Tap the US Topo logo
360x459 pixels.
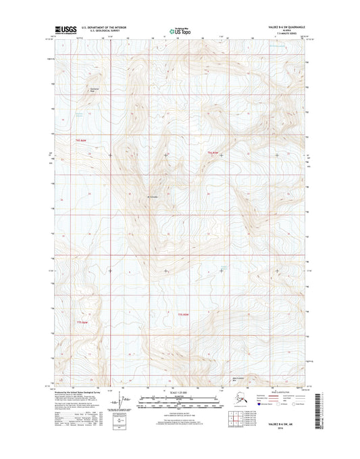pyautogui.click(x=180, y=30)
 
